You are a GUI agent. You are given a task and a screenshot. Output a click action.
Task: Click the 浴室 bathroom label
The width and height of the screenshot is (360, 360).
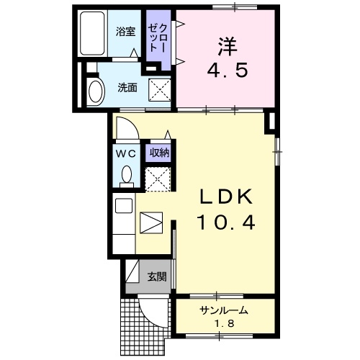tap(125, 31)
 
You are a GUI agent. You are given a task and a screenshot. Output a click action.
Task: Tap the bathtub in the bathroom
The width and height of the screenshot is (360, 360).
tap(92, 34)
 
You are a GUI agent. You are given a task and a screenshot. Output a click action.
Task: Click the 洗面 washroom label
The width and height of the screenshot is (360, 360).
tap(127, 88)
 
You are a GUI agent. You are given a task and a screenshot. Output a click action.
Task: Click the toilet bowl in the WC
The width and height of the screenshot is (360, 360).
tap(127, 175)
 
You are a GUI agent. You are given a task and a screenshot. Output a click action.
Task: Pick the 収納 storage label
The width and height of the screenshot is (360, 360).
tap(158, 153)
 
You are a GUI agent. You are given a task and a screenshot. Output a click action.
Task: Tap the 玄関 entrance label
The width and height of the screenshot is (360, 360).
tap(156, 276)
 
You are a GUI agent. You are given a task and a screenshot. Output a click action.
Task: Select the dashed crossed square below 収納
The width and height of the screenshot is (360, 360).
tap(158, 178)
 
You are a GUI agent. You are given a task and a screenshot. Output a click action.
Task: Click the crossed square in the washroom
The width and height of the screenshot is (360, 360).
tap(159, 90)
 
